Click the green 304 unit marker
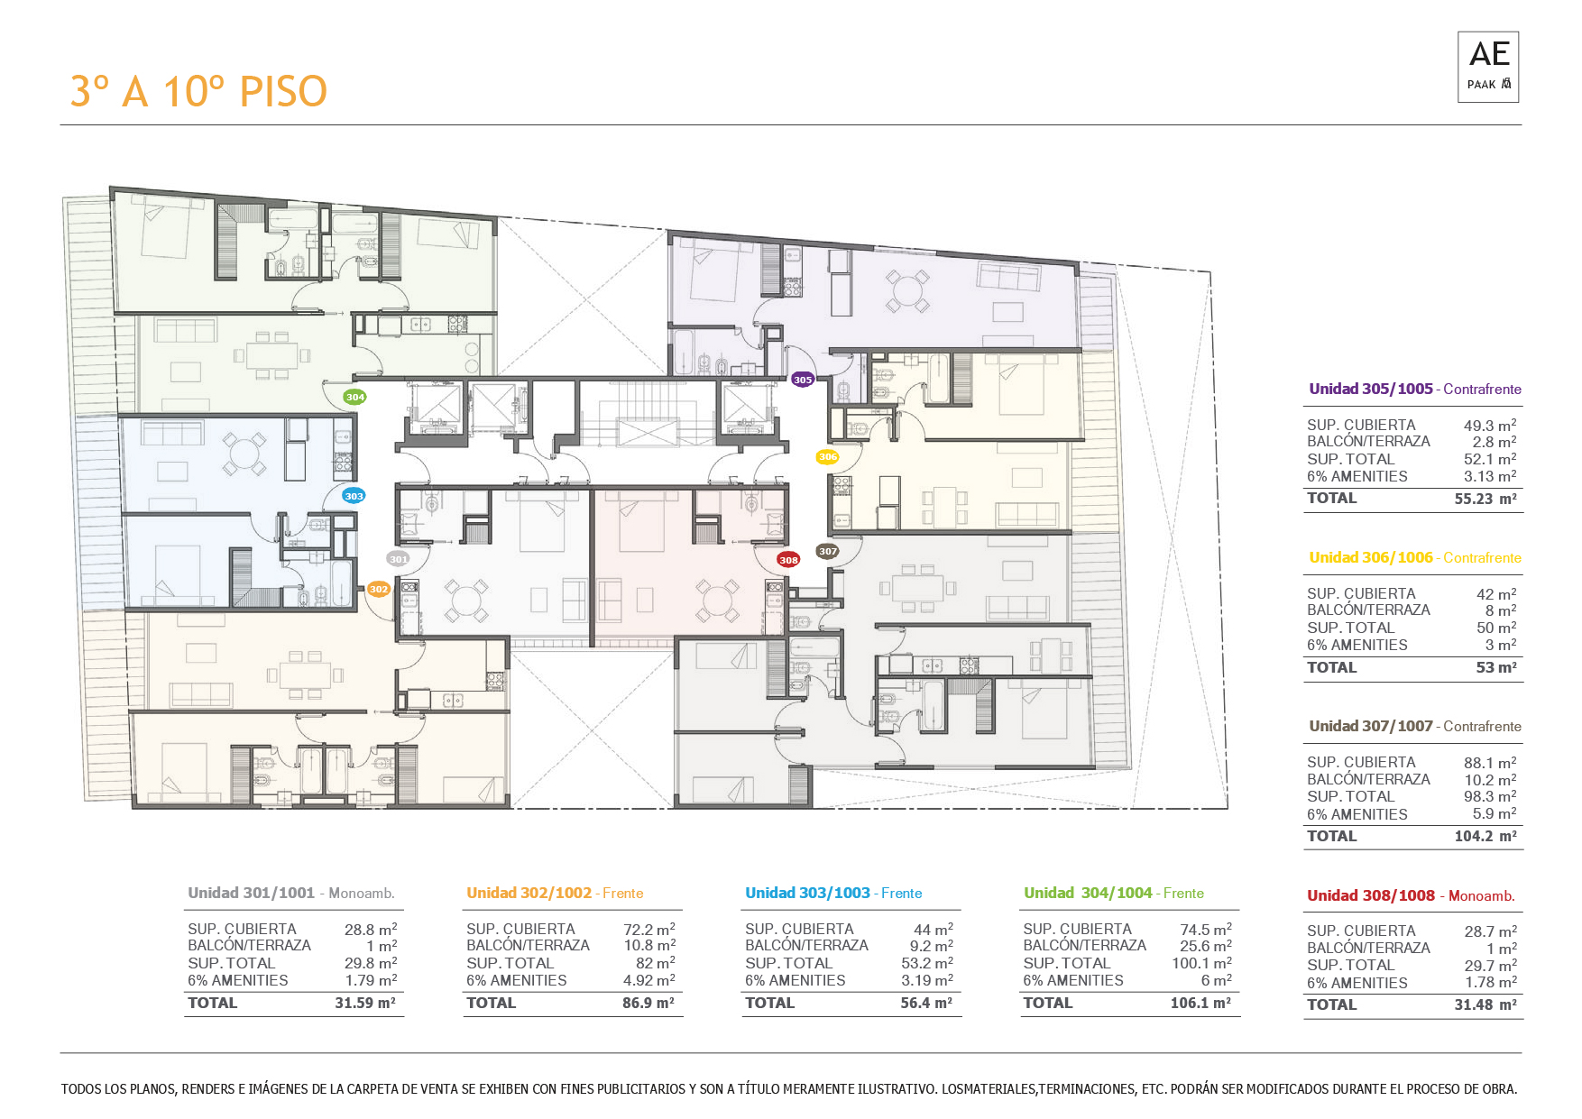355,397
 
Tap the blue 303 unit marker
354,496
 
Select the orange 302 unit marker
379,590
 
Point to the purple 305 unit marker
803,380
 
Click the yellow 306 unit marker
828,457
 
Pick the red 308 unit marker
788,560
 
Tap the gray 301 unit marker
398,559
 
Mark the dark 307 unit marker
828,551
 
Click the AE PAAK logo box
1488,67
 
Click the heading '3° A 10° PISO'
198,91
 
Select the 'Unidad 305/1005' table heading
1371,389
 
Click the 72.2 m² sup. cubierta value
649,929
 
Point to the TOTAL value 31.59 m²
365,1003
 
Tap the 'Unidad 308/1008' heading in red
1371,895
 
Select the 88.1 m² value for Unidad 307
1490,763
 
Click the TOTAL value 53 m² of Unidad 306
1496,667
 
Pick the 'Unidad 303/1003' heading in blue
807,893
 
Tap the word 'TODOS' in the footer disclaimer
81,1089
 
